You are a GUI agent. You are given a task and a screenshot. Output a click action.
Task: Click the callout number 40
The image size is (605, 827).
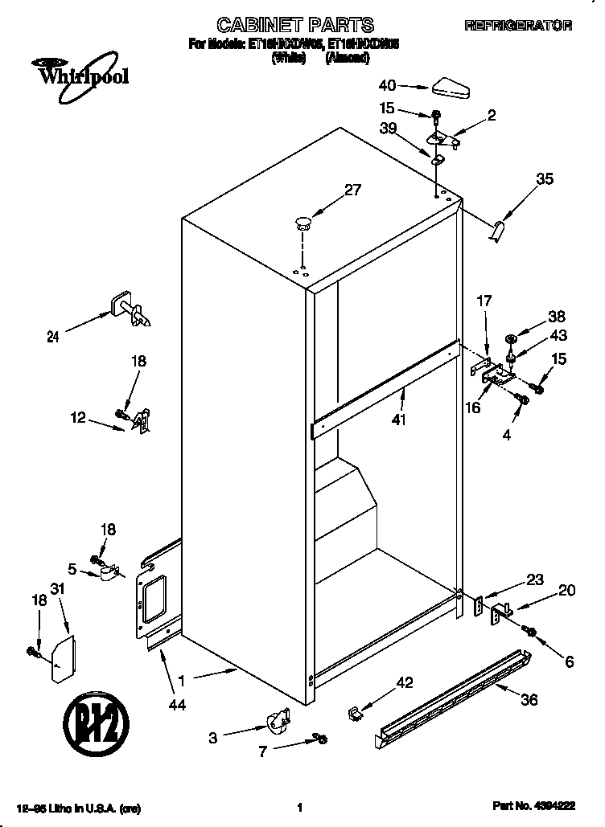pos(387,84)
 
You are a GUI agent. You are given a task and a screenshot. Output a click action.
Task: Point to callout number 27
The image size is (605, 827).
pos(352,190)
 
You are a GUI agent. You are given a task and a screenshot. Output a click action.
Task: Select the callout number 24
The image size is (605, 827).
pos(52,338)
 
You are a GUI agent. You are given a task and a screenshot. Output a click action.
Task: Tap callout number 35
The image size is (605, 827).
pos(544,179)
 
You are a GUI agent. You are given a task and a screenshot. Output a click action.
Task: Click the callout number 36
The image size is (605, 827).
pos(529,699)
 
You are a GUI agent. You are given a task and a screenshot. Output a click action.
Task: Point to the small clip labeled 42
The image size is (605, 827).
pos(354,712)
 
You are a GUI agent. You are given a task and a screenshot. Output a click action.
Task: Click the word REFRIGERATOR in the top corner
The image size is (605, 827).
pos(518,27)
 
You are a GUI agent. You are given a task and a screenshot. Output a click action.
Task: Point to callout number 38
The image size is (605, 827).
pos(557,317)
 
